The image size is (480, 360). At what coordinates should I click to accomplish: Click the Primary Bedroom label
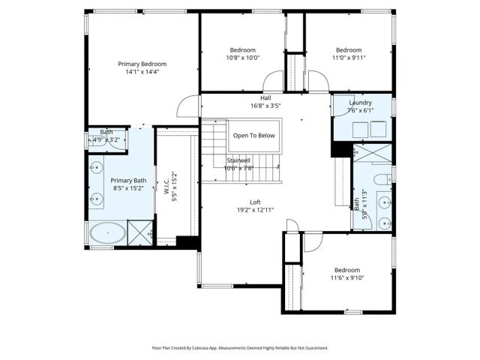(142, 64)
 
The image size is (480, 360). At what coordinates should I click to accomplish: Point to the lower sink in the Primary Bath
(95, 199)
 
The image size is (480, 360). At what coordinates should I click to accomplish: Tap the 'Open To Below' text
(253, 136)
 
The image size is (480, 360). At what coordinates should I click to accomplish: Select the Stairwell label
(239, 160)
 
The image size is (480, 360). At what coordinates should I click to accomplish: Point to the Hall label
(265, 97)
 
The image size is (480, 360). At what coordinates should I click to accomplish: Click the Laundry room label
(361, 103)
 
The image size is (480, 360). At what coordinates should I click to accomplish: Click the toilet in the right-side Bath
(380, 178)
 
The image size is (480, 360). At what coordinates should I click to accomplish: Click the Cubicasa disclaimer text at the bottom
(240, 347)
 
